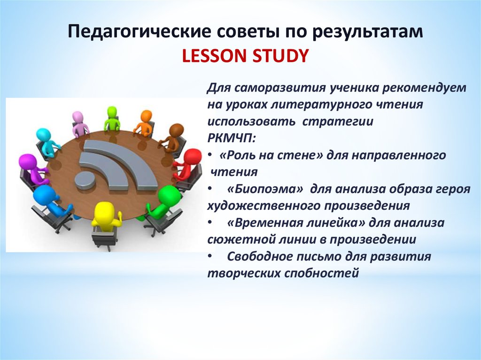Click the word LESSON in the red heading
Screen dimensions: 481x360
tap(215, 56)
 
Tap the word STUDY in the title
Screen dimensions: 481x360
tap(280, 56)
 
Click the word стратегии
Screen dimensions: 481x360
tap(338, 122)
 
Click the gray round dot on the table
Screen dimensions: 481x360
tap(85, 181)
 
